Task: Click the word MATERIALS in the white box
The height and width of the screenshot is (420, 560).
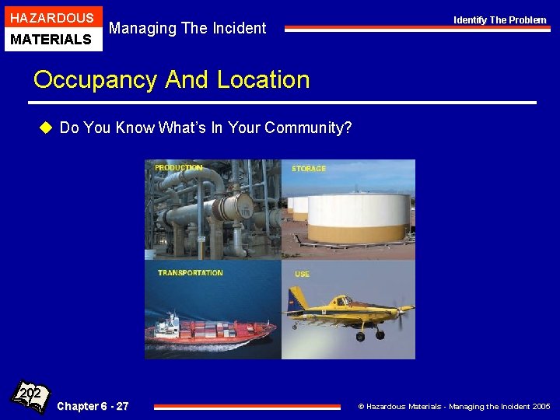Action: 51,39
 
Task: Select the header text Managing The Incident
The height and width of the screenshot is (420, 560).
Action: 187,29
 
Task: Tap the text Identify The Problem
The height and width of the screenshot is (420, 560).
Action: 500,20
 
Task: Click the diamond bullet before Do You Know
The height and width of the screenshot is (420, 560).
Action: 46,128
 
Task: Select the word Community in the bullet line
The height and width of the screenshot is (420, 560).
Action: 307,128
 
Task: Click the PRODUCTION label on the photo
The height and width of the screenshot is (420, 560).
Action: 178,168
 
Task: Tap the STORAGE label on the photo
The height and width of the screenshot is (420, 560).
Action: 309,169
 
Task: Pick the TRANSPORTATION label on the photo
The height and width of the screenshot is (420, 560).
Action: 190,273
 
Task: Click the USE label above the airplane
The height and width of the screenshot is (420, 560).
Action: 302,274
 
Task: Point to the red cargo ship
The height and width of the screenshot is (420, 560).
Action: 210,331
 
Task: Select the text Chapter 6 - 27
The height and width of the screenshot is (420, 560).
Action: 93,406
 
